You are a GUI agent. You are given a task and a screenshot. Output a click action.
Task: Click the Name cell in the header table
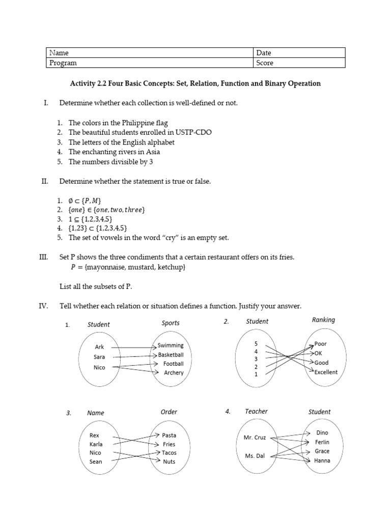(150, 53)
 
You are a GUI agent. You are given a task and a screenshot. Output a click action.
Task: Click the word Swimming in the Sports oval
(171, 345)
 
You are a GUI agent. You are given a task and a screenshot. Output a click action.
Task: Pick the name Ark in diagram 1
(99, 347)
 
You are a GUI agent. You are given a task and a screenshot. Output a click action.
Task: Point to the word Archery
(174, 373)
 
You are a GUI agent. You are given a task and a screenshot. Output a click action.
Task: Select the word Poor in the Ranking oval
(321, 344)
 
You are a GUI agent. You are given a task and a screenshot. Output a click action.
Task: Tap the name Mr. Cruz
(254, 438)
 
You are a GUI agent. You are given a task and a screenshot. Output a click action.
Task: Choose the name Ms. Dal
(254, 456)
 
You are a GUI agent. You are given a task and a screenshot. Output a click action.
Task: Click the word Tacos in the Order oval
(170, 452)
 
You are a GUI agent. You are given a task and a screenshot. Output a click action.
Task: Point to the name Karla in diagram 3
(96, 444)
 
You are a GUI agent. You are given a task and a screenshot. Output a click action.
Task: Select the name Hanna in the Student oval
(322, 461)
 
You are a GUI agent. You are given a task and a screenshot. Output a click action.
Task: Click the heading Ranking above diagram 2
(323, 320)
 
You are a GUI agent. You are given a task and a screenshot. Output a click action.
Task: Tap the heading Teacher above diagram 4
(256, 411)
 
